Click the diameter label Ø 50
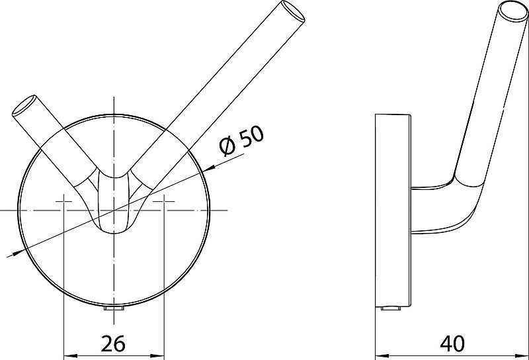(242, 140)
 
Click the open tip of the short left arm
(24, 107)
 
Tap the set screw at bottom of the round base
(114, 309)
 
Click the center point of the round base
(114, 210)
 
